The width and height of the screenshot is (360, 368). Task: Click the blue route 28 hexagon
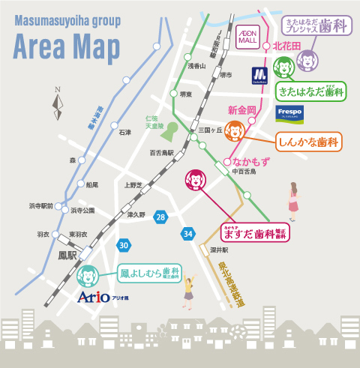point(160,217)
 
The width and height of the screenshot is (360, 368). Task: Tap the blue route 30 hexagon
point(123,244)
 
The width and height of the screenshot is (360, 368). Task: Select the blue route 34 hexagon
point(187,235)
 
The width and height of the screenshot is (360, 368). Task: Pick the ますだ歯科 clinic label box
point(255,231)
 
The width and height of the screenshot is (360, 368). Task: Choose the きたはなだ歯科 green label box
point(310,92)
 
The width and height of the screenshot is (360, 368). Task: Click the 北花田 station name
point(286,46)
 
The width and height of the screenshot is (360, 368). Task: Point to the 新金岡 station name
point(241,110)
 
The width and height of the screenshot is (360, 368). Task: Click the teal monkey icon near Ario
point(88,276)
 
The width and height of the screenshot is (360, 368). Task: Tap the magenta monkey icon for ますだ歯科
point(195,180)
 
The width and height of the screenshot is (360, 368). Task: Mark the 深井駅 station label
point(219,250)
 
